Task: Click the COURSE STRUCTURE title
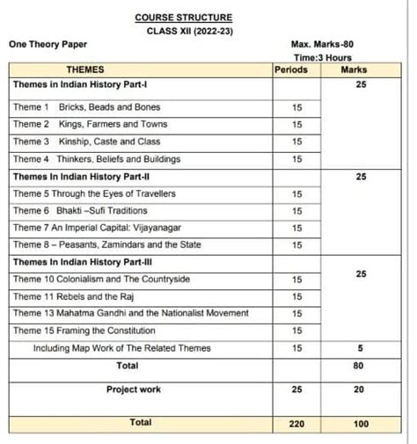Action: [184, 17]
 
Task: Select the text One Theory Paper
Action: [48, 44]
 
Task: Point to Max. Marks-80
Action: [321, 44]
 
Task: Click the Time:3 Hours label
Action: [321, 57]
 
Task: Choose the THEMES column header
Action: [84, 69]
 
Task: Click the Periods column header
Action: [291, 69]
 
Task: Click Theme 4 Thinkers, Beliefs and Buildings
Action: [97, 159]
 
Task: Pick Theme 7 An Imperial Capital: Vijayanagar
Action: [97, 228]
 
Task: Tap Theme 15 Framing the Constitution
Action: [84, 331]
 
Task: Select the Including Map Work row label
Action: [122, 348]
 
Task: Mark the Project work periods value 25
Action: [296, 389]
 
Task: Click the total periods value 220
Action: [296, 423]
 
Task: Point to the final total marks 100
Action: [360, 423]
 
